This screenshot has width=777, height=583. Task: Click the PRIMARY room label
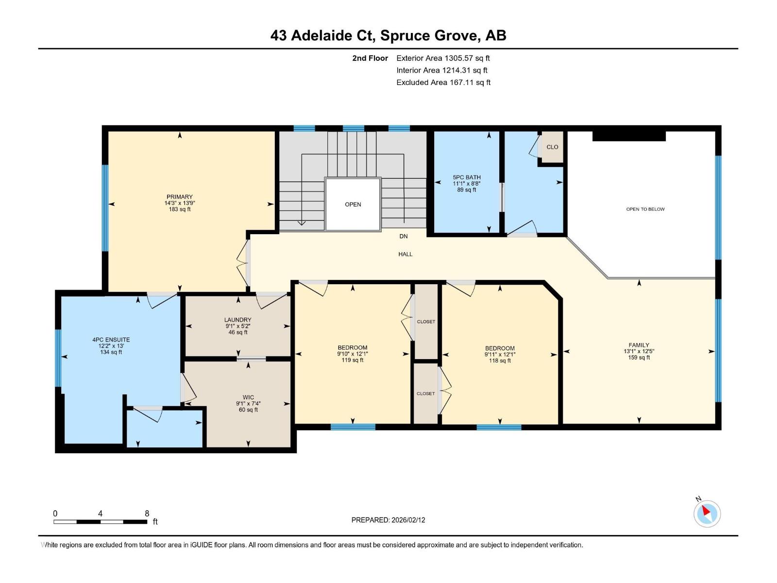(x=180, y=197)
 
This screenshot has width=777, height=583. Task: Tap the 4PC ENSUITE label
(x=111, y=340)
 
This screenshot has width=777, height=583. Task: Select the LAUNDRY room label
(x=238, y=320)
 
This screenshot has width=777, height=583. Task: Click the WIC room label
(x=248, y=397)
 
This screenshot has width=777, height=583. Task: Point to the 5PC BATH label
(x=467, y=177)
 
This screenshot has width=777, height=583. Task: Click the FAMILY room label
(x=639, y=345)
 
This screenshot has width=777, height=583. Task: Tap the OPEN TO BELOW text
(x=645, y=209)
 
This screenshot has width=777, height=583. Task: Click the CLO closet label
(x=552, y=147)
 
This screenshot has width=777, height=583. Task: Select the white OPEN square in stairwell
(x=353, y=204)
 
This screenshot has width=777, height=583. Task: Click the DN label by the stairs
(x=404, y=236)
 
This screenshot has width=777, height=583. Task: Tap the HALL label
(x=405, y=254)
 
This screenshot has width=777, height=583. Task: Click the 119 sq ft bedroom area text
(x=353, y=360)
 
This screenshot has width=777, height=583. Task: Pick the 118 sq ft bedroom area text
(x=500, y=360)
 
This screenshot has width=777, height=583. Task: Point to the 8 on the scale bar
(x=147, y=514)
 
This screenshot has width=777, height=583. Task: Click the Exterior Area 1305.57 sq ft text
(x=443, y=58)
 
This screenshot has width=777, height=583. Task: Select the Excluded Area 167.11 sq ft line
(x=443, y=83)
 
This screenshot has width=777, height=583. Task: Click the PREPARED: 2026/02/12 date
(x=388, y=520)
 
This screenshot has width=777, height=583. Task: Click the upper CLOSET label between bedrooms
(x=426, y=322)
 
